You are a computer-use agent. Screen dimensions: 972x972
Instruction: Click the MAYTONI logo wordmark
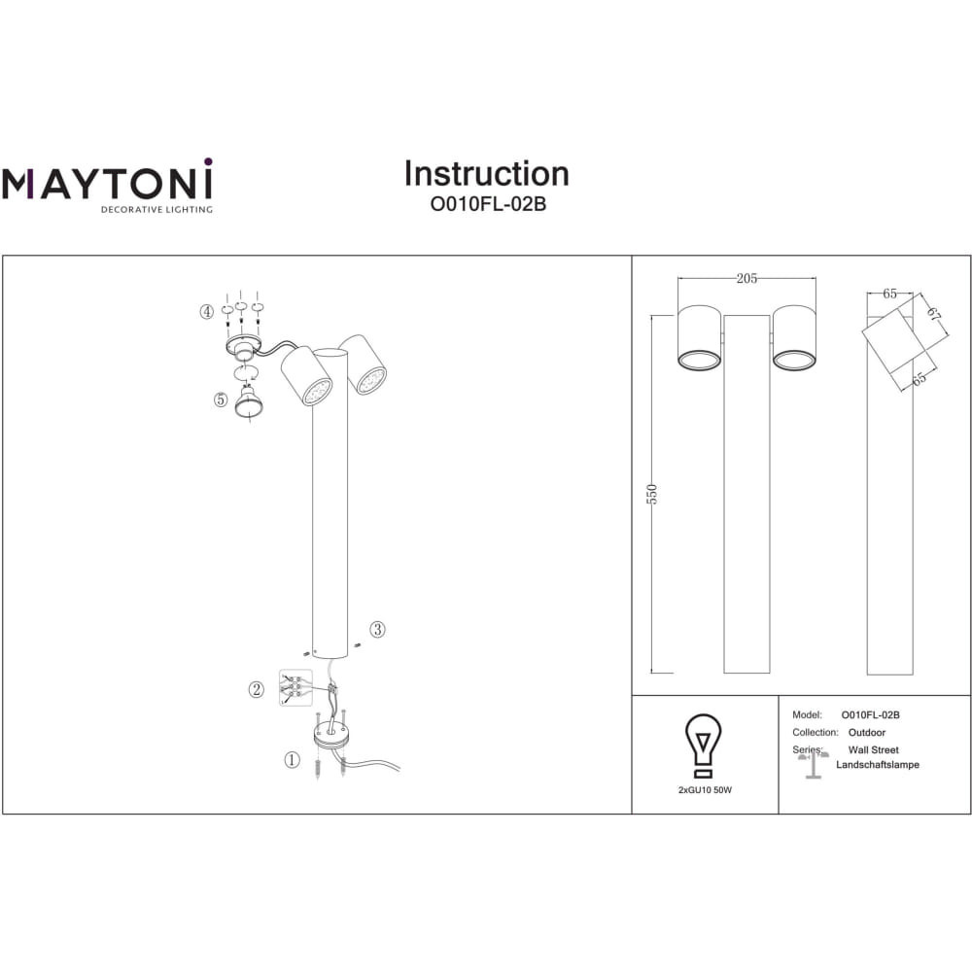pyautogui.click(x=107, y=180)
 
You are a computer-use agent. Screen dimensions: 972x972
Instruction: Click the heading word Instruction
pyautogui.click(x=487, y=174)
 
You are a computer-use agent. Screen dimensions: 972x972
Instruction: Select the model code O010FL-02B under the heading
pyautogui.click(x=488, y=204)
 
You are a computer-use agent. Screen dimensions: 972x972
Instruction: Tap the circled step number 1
pyautogui.click(x=292, y=759)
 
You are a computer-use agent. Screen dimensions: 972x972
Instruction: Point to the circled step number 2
pyautogui.click(x=256, y=689)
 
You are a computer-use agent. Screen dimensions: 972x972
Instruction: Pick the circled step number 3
pyautogui.click(x=377, y=629)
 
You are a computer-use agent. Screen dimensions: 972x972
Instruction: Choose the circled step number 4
pyautogui.click(x=206, y=312)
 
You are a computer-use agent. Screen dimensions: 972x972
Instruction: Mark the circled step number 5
pyautogui.click(x=221, y=399)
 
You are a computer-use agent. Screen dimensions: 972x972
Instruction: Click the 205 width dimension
pyautogui.click(x=746, y=278)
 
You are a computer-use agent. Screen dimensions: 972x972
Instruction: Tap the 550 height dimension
pyautogui.click(x=651, y=494)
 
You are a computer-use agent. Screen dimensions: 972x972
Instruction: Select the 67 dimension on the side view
pyautogui.click(x=933, y=313)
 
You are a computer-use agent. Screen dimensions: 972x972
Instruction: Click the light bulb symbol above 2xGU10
pyautogui.click(x=704, y=746)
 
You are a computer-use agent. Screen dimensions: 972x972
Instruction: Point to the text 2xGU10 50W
pyautogui.click(x=705, y=790)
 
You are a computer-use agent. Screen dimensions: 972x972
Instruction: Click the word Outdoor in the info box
pyautogui.click(x=867, y=732)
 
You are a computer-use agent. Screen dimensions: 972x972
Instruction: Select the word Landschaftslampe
pyautogui.click(x=877, y=765)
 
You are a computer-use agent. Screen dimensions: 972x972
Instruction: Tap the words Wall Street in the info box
pyautogui.click(x=874, y=750)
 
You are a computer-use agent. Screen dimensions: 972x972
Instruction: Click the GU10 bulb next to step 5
pyautogui.click(x=249, y=401)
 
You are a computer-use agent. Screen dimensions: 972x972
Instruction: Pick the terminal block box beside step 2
pyautogui.click(x=295, y=687)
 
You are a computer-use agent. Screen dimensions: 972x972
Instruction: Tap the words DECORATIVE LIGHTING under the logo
pyautogui.click(x=156, y=210)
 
